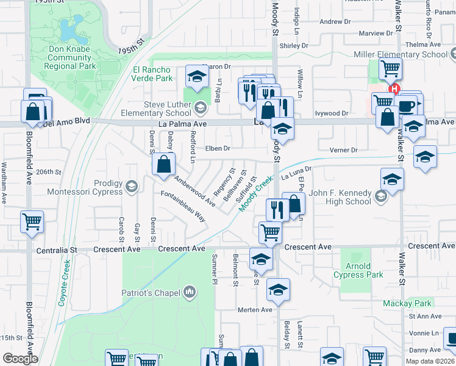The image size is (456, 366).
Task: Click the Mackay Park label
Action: (407, 303)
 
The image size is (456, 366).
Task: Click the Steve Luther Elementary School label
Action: (168, 109)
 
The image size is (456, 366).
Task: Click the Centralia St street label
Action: (51, 249)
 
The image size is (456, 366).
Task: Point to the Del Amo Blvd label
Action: (67, 121)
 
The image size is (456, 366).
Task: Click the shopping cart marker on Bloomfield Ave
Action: (32, 222)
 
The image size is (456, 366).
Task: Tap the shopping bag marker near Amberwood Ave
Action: (163, 164)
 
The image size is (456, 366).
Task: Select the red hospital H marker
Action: (395, 89)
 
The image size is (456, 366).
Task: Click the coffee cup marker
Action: (406, 106)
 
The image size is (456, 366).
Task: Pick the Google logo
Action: (20, 359)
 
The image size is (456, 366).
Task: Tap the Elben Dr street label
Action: (218, 148)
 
